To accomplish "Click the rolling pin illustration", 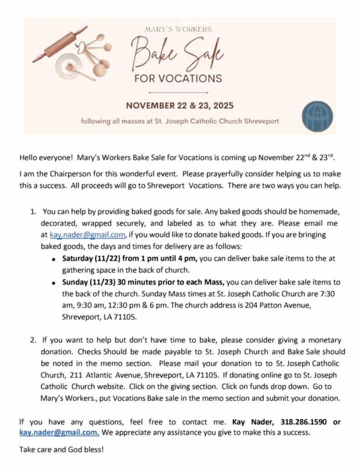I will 59,44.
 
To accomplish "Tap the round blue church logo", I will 317,116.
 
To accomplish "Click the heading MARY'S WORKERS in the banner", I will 178,30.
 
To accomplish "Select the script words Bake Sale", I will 177,54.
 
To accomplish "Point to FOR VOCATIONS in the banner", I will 178,78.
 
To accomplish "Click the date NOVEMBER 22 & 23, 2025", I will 180,106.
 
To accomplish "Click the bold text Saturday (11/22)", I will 91,258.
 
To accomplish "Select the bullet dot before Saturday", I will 54,259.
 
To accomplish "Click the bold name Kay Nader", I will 253,422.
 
